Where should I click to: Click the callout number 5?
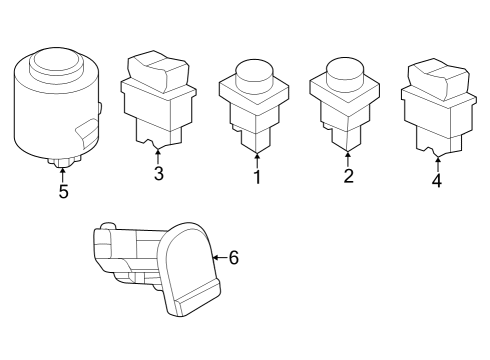(63, 191)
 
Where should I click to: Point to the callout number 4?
(437, 182)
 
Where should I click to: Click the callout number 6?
(234, 258)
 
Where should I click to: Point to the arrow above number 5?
(63, 170)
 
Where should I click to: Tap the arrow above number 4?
(437, 162)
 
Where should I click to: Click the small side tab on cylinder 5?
(87, 129)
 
